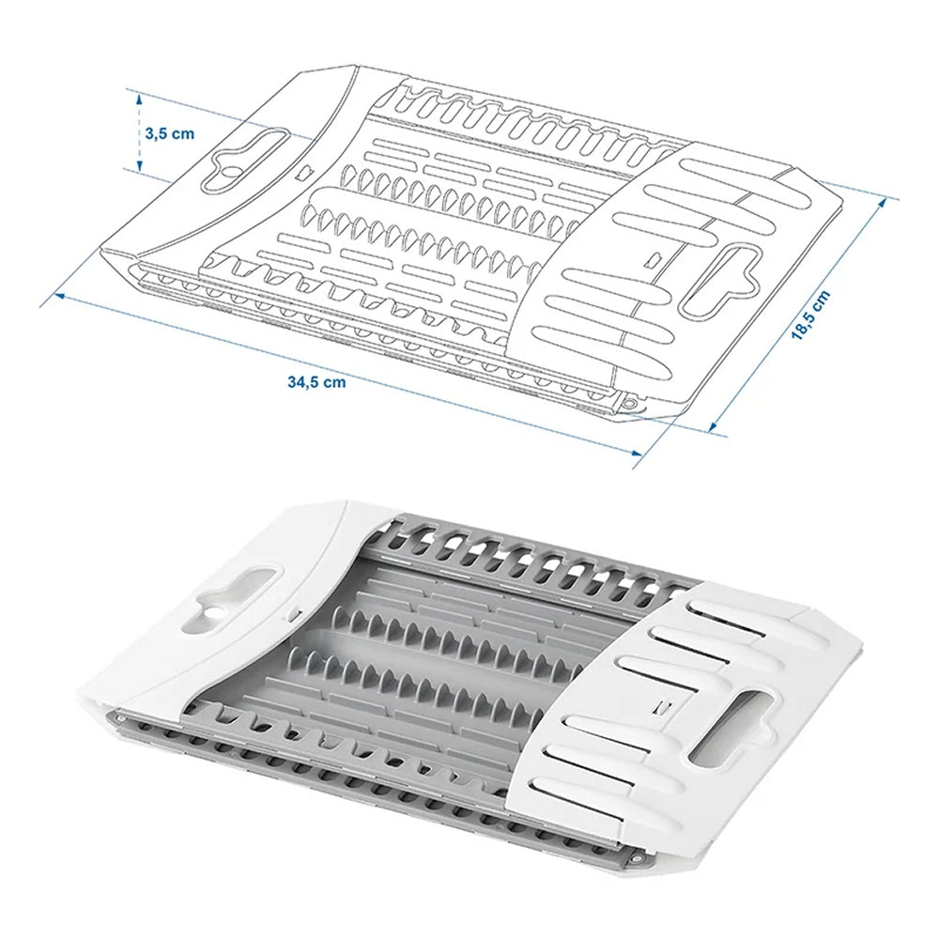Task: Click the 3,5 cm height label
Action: pos(169,132)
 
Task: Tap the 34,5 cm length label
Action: pos(316,382)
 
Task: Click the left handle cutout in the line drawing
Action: pos(246,154)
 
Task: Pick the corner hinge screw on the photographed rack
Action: pos(639,859)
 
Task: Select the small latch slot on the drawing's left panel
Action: pos(302,172)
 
